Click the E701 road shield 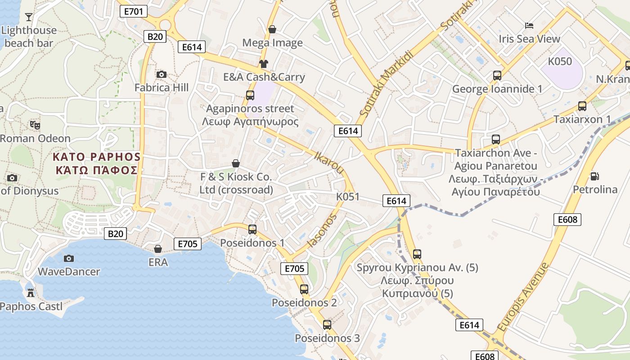134,11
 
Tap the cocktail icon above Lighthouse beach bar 29,17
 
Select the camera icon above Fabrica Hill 161,74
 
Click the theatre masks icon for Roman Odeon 35,125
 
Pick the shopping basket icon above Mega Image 272,30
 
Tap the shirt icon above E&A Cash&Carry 263,64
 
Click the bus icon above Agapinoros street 250,95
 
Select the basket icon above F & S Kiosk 235,163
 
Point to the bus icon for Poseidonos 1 252,229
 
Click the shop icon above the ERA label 158,249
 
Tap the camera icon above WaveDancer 68,258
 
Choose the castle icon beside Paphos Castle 31,293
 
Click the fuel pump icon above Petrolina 594,176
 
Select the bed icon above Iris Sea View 529,26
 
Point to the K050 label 560,62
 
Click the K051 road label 348,197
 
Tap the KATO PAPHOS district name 97,157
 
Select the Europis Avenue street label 523,297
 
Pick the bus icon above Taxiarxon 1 582,106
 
